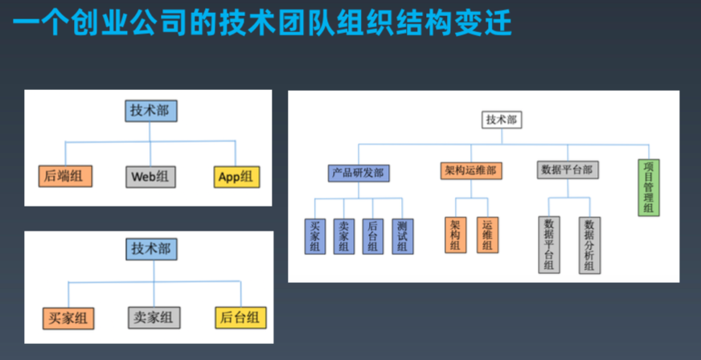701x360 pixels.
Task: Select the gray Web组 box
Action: (150, 177)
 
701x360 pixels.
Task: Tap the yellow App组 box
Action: (237, 177)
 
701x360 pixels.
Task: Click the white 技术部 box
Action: (502, 120)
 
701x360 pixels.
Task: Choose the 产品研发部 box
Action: (359, 172)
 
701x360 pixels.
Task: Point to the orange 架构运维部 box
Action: (470, 170)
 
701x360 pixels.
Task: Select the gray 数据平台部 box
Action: (568, 170)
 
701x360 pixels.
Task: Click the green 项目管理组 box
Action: (649, 186)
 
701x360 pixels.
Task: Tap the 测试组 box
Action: (402, 236)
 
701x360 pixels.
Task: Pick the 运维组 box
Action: (486, 235)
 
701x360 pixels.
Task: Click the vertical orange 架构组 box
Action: (455, 235)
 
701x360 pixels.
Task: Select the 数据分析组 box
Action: (588, 244)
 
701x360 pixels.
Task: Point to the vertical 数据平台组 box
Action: (549, 244)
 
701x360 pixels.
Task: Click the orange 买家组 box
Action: (68, 318)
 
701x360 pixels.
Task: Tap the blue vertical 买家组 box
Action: (315, 236)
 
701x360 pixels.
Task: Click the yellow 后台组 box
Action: (240, 318)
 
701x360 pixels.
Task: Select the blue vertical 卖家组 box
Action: (344, 236)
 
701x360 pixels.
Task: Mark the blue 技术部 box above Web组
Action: (151, 111)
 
